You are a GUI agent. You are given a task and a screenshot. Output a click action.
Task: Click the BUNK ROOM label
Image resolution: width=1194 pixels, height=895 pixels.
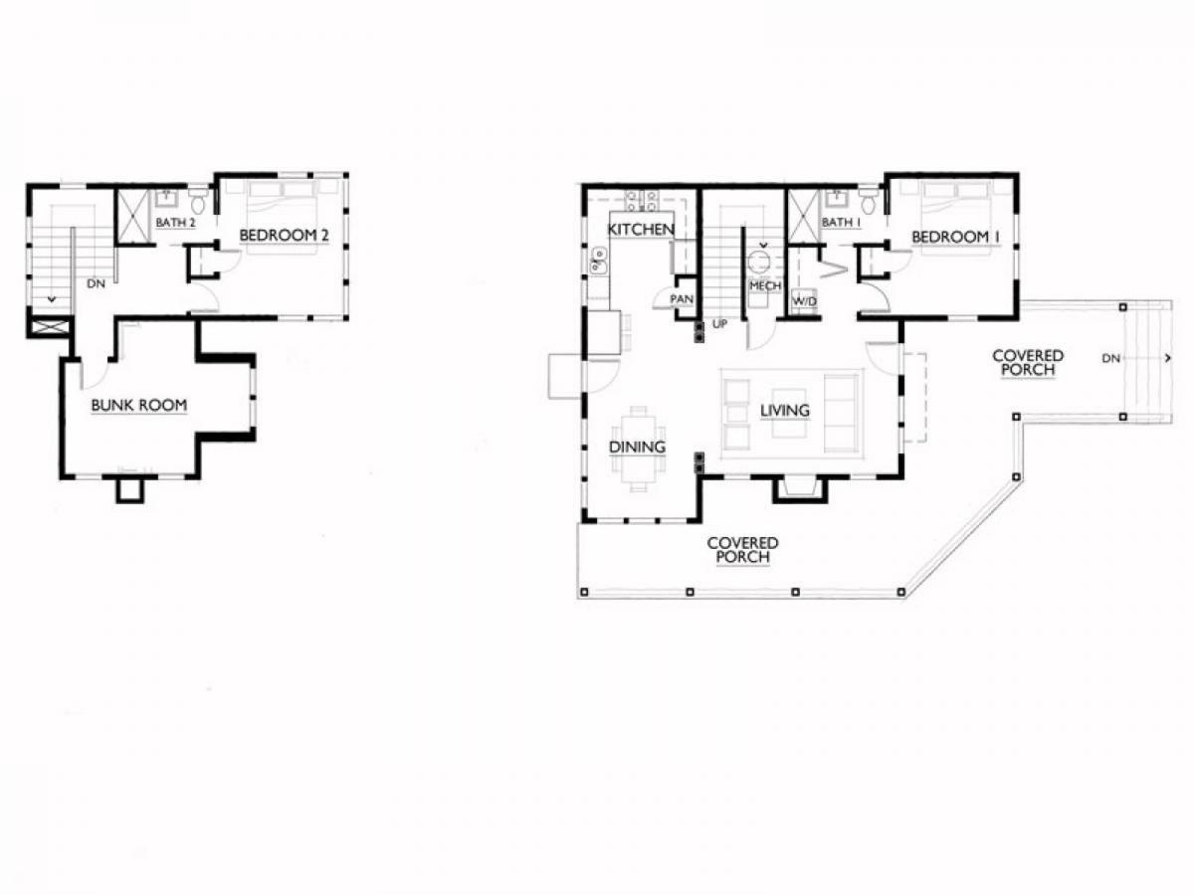[139, 406]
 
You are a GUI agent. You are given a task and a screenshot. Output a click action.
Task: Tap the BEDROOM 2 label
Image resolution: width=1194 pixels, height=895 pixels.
[284, 236]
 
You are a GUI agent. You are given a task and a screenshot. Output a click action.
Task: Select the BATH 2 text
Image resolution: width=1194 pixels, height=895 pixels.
[175, 222]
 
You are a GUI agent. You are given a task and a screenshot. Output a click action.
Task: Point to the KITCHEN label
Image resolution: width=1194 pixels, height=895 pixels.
[641, 230]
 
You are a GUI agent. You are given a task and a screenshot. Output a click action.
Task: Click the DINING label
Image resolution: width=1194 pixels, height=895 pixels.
[637, 447]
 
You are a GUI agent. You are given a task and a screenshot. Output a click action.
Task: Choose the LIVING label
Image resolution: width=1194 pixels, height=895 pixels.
[784, 411]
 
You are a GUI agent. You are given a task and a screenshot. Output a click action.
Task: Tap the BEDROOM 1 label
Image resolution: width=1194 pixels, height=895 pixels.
[956, 237]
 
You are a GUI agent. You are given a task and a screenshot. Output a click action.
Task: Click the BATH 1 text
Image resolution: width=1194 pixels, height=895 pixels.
[841, 222]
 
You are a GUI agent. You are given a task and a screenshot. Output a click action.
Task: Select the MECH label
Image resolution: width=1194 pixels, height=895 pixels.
[765, 285]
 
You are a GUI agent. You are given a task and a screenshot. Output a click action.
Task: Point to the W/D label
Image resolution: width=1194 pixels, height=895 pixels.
[805, 301]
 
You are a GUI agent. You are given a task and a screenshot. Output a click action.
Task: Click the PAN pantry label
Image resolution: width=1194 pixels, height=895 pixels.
[682, 299]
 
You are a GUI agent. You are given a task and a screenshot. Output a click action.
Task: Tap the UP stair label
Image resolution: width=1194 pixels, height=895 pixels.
[719, 324]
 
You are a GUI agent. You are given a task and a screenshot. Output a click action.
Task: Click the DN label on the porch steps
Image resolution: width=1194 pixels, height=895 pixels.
[1111, 359]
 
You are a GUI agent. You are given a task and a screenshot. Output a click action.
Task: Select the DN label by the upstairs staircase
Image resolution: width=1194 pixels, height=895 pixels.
[97, 283]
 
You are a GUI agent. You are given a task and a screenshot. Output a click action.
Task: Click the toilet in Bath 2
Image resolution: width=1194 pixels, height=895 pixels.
[198, 201]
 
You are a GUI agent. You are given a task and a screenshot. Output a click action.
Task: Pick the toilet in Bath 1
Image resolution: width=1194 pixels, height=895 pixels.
[869, 201]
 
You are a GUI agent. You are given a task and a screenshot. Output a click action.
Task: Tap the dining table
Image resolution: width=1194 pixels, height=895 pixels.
[638, 448]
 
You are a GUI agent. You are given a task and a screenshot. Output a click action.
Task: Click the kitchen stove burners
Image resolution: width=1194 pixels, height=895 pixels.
[642, 201]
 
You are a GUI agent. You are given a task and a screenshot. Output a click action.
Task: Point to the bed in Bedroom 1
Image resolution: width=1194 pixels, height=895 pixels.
[955, 218]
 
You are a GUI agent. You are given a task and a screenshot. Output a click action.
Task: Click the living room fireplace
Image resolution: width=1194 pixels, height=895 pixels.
[800, 489]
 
